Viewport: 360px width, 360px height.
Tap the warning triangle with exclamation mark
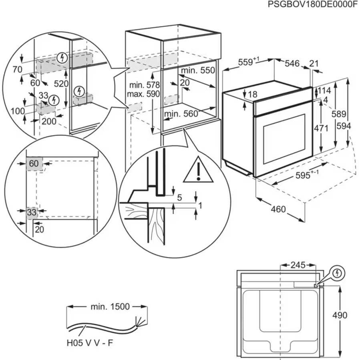[x=198, y=169]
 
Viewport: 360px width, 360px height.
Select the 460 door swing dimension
[x=278, y=209]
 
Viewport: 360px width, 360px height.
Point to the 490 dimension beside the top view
[x=340, y=315]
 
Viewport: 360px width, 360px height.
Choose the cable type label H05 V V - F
[x=92, y=343]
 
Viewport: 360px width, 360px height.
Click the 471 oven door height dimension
[x=321, y=129]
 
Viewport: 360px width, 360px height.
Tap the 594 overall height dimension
[x=344, y=126]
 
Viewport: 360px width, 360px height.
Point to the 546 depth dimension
[x=292, y=63]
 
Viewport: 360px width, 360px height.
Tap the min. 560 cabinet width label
[x=181, y=114]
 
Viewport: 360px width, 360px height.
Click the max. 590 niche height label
[x=143, y=94]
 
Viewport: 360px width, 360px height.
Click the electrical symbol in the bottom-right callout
[x=338, y=273]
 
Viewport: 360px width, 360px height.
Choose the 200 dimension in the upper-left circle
[x=49, y=122]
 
